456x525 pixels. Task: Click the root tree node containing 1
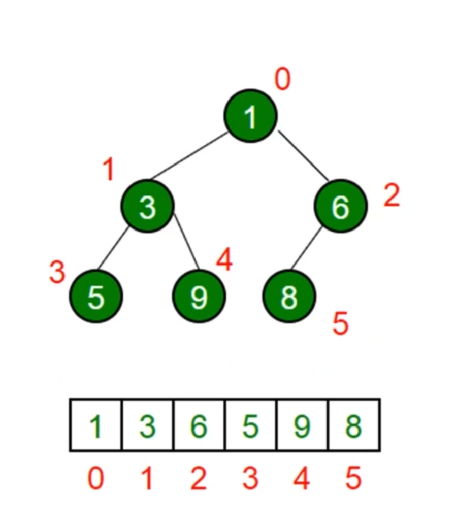point(250,116)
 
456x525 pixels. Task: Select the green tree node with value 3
point(148,206)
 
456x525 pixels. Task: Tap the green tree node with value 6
point(341,206)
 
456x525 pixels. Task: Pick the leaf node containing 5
point(96,297)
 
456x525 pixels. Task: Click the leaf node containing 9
point(199,297)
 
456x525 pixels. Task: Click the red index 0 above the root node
point(282,79)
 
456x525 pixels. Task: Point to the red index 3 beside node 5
point(57,272)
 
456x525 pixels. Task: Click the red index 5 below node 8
point(341,323)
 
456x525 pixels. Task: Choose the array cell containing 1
point(96,425)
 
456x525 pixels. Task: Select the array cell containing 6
point(199,425)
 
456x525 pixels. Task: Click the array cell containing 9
point(302,425)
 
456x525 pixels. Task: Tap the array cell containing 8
point(354,425)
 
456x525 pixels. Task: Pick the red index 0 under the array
point(96,479)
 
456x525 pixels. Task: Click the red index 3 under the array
point(250,479)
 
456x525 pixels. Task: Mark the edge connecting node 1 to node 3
point(189,156)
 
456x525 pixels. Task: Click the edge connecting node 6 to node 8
point(306,248)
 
